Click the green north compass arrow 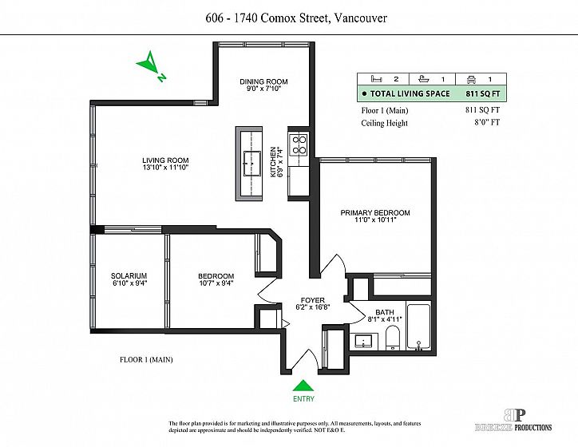coord(149,64)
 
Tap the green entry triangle coord(303,386)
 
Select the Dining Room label coord(263,81)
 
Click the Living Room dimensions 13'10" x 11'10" coord(165,168)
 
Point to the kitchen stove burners coord(299,144)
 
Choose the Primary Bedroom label coord(375,212)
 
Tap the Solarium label coord(129,275)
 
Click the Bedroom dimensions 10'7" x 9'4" coord(216,283)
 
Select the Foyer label coord(313,300)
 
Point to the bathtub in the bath coord(418,326)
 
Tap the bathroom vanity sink coord(364,341)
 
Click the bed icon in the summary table coord(376,79)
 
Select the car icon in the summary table coord(472,79)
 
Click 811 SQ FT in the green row coord(483,93)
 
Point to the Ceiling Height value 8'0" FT coord(487,122)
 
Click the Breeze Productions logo coord(514,420)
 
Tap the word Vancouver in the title coord(360,18)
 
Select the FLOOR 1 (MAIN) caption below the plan coord(146,359)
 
